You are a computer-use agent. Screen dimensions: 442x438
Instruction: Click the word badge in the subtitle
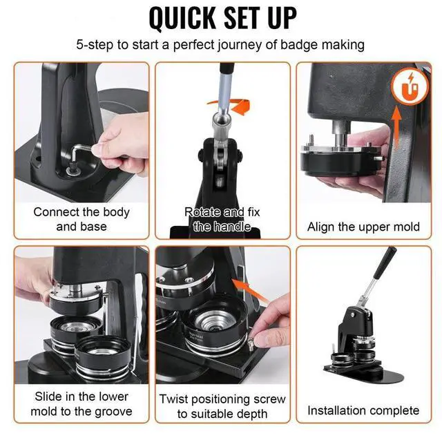click(x=299, y=45)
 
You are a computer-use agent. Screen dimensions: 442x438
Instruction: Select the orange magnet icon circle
click(x=410, y=86)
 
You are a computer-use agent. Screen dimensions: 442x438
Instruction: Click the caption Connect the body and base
click(x=81, y=219)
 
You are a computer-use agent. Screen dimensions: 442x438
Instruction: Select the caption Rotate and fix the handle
click(x=222, y=219)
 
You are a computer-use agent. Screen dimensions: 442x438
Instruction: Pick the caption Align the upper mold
click(x=363, y=227)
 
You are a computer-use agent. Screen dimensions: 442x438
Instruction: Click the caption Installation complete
click(x=363, y=410)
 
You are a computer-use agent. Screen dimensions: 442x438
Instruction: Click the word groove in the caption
click(x=113, y=412)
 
